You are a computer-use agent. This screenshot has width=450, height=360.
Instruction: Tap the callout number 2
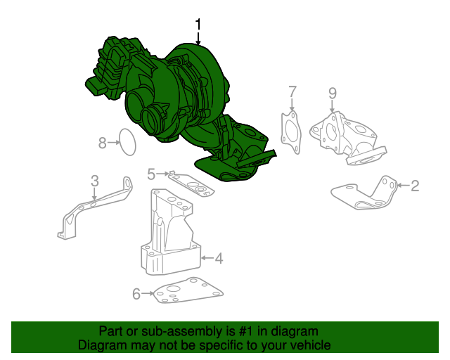415,186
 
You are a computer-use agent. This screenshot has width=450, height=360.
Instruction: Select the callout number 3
95,181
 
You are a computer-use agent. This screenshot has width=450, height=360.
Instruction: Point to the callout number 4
219,258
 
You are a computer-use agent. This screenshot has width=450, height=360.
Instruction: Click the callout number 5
151,174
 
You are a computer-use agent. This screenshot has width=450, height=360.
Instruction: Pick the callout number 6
136,294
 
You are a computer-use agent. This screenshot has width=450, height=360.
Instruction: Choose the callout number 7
292,92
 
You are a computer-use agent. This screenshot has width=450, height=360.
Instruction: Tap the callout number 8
103,143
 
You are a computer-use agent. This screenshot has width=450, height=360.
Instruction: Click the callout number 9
333,94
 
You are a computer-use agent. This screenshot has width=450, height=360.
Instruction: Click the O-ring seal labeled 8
119,143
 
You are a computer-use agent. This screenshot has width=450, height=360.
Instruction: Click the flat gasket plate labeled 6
188,290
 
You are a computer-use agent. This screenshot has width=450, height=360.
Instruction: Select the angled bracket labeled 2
364,193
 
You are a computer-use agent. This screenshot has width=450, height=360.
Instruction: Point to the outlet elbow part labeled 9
348,139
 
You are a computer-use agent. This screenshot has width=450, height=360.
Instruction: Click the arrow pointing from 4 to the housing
207,258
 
